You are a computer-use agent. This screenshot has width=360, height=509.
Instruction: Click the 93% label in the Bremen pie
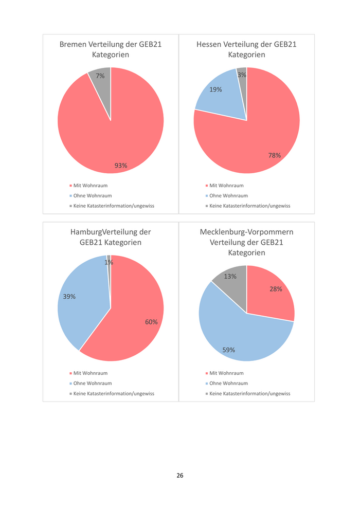tap(121, 166)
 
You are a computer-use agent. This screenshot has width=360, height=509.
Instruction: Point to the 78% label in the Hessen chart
tap(275, 155)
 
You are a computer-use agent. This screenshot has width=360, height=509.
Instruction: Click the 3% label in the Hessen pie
tap(242, 75)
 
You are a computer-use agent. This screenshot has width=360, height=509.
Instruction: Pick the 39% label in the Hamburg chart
tap(69, 296)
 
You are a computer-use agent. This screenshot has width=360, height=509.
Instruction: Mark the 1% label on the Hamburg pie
tap(109, 262)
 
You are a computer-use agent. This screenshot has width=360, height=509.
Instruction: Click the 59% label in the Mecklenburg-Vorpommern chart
tap(229, 350)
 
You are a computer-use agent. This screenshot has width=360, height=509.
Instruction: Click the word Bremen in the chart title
tap(73, 44)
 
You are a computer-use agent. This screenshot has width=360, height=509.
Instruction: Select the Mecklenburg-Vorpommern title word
tap(246, 232)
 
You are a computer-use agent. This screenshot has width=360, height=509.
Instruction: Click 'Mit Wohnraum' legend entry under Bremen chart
tap(91, 186)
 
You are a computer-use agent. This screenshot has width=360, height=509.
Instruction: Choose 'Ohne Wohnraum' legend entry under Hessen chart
tap(228, 195)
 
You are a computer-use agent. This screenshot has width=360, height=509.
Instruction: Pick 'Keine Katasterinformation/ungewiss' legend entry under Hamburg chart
tap(114, 393)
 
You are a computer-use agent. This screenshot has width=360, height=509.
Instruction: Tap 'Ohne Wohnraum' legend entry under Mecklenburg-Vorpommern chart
tap(228, 383)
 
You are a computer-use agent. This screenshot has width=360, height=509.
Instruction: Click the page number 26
tap(180, 475)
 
